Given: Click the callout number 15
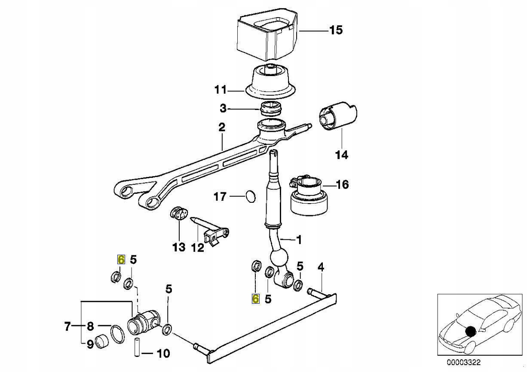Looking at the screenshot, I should [336, 30].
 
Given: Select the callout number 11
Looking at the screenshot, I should [220, 90].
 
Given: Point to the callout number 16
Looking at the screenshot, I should [342, 185].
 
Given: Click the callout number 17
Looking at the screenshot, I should [220, 197].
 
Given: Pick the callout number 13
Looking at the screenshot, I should [179, 247].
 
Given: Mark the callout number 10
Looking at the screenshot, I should [163, 354].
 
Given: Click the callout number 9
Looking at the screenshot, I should [90, 344].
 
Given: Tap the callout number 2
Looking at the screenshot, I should [222, 127].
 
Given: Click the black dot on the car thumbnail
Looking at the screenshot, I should [470, 331].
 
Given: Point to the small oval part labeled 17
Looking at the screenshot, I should [250, 197].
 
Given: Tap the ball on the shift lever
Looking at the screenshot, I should [279, 260].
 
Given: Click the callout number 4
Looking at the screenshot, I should [321, 267].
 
